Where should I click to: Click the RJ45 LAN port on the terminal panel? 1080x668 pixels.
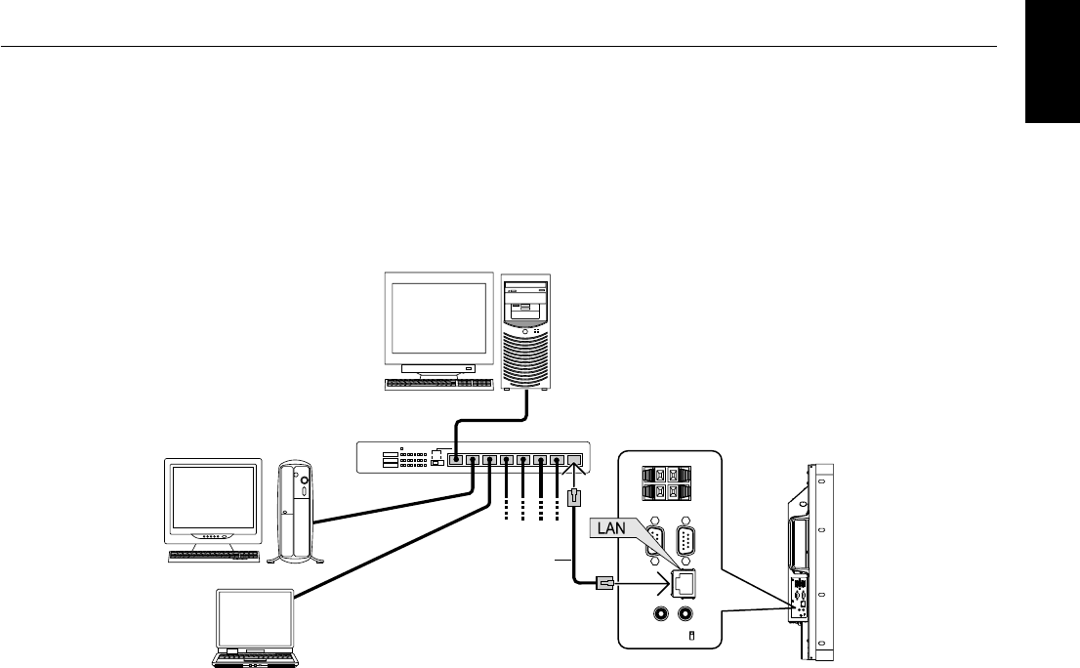click(x=681, y=584)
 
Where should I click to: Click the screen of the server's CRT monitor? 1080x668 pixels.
click(x=437, y=318)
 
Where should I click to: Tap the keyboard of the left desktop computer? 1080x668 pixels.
click(x=215, y=556)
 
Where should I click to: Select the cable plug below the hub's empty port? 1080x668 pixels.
click(x=574, y=498)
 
